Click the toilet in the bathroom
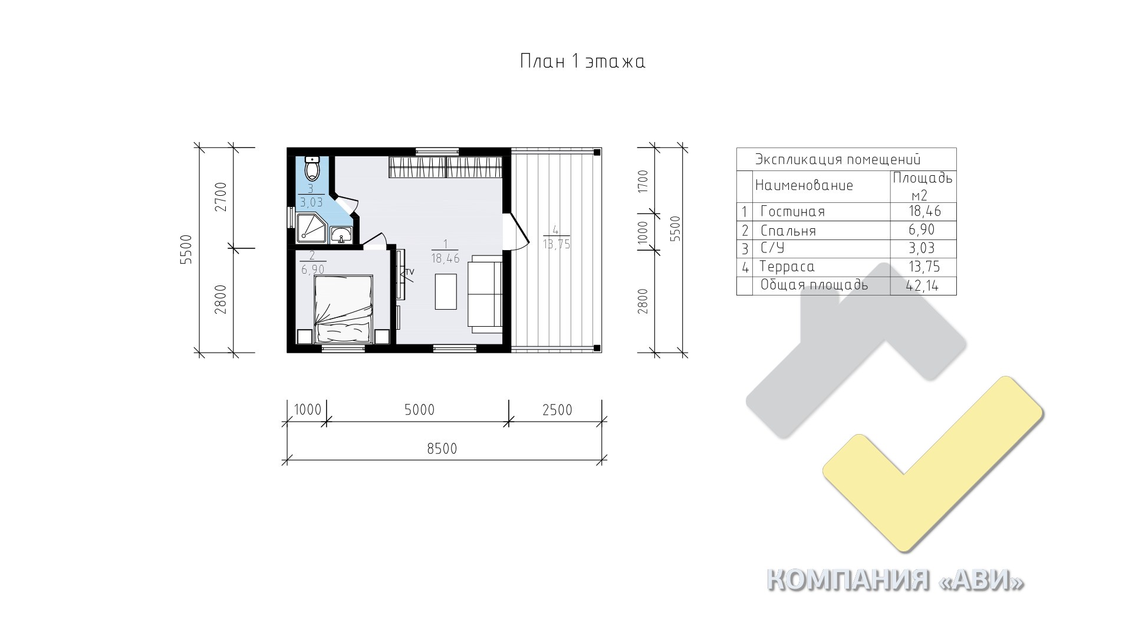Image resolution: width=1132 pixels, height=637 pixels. [x=312, y=169]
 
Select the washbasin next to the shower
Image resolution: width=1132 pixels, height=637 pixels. [x=341, y=235]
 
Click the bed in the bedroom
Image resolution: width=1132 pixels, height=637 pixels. [x=344, y=309]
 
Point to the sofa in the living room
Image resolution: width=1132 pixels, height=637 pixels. [x=485, y=294]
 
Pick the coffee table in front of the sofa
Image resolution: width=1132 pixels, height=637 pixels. [x=446, y=291]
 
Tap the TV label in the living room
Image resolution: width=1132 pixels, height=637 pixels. [x=409, y=272]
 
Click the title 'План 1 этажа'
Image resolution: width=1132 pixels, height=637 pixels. [x=583, y=61]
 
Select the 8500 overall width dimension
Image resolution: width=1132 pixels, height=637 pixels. [x=442, y=449]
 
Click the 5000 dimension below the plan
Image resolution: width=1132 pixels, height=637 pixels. [x=419, y=409]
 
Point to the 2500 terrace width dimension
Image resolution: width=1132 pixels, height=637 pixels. [x=557, y=409]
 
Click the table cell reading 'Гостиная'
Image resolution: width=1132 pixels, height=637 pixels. [x=792, y=212]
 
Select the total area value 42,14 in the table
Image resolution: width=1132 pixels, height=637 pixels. [x=923, y=286]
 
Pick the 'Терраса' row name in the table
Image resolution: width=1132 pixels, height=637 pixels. [x=787, y=267]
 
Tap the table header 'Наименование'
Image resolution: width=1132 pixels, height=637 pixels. [x=804, y=186]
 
